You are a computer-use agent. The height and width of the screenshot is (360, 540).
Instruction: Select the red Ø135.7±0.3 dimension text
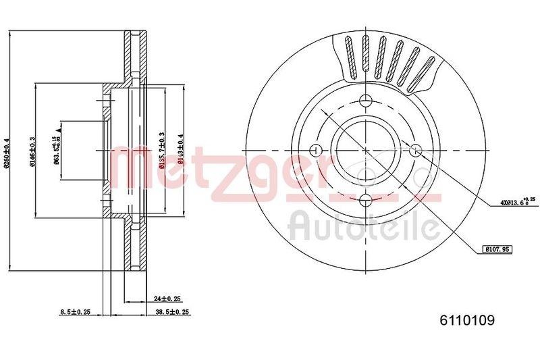[x=162, y=150]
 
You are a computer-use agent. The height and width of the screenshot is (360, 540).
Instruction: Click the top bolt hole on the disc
[x=366, y=101]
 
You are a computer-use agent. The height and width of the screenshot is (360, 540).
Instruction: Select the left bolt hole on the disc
[x=316, y=149]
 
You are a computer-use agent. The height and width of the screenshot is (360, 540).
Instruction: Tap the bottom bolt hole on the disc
[x=366, y=199]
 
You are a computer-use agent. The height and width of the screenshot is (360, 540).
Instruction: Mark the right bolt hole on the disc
[x=415, y=149]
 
